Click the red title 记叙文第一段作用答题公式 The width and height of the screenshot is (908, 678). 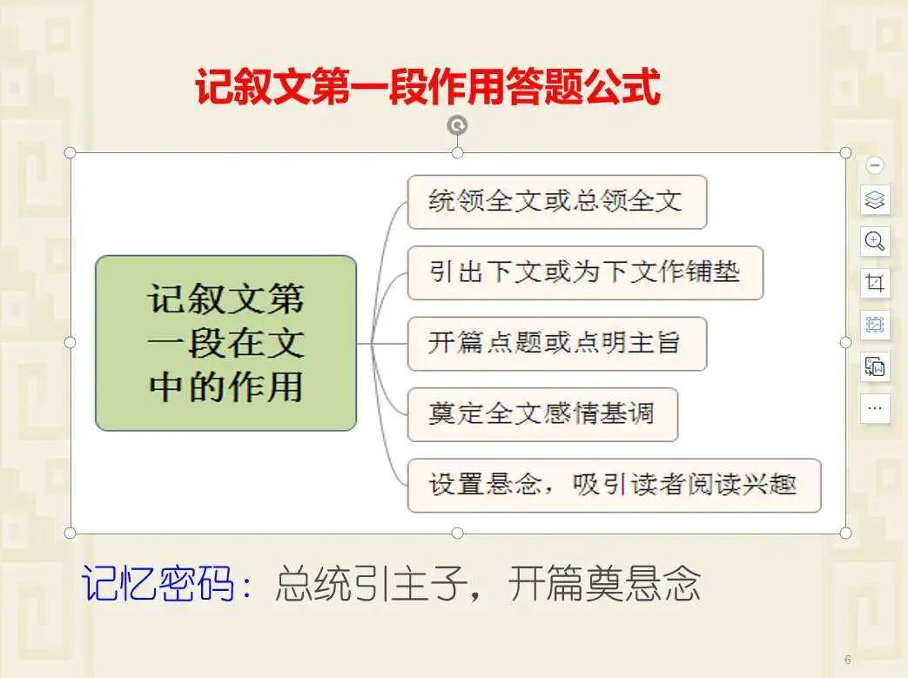coord(428,86)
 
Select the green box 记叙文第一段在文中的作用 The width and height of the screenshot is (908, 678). coord(225,343)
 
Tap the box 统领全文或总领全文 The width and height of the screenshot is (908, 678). coord(557,202)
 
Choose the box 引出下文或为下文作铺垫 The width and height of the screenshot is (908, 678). coord(585,272)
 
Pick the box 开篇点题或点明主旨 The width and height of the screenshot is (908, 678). coord(557,343)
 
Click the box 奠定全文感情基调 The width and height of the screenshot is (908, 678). coord(542,414)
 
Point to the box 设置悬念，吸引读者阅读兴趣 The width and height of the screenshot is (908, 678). coord(615,485)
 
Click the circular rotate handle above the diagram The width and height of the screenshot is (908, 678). coord(457,125)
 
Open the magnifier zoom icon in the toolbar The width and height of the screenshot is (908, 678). coord(874,241)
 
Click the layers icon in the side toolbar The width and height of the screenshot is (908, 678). coord(874,200)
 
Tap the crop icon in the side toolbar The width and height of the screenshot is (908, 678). coord(874,283)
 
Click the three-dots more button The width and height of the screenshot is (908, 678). coord(874,407)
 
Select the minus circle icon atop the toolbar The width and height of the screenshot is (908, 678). coord(874,165)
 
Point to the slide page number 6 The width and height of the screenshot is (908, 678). coord(848,660)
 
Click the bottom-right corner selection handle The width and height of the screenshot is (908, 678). coord(845,533)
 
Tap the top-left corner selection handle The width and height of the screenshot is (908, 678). coord(70,153)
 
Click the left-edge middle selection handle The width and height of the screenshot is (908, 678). coord(70,343)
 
